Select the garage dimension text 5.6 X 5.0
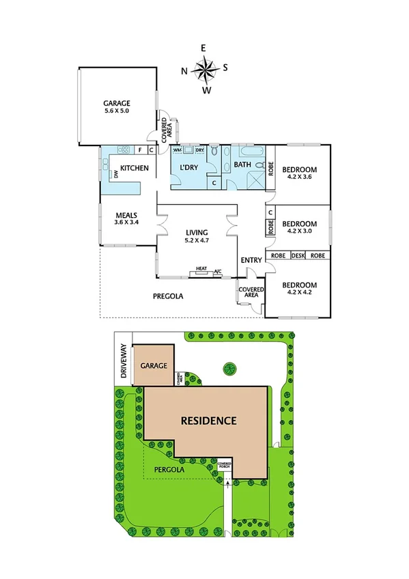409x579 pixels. pos(117,111)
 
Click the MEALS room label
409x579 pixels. pos(126,214)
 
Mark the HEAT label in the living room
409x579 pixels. pos(201,268)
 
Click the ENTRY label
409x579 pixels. pos(251,260)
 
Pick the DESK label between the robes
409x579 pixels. pos(297,255)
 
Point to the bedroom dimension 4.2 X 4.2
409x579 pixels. pos(300,292)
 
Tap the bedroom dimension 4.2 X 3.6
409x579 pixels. pos(300,177)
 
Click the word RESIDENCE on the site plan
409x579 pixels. pos(208,421)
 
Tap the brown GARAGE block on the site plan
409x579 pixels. pos(154,366)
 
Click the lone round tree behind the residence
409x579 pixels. pos(228,369)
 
